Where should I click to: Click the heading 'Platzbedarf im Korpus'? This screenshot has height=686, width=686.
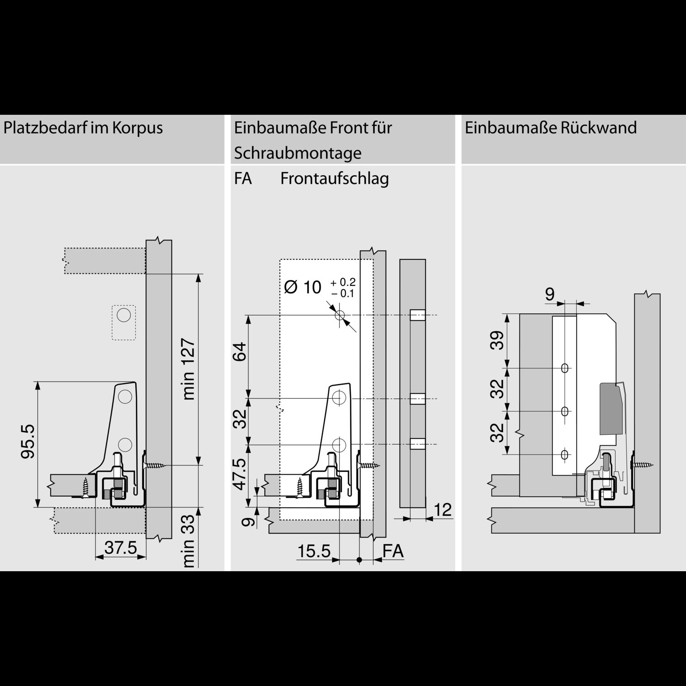tap(83, 128)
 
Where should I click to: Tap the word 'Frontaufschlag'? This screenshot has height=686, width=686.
tap(334, 178)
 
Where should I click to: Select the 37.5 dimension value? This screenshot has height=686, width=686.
tap(121, 547)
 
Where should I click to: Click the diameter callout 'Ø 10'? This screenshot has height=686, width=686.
tap(302, 287)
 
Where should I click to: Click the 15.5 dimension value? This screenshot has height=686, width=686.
tap(314, 551)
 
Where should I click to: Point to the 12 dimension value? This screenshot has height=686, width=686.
tap(442, 509)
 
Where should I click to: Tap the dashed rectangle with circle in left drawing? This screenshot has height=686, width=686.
tap(123, 322)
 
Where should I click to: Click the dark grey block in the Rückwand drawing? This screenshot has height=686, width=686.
tap(611, 408)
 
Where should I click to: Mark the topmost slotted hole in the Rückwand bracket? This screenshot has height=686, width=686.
tap(565, 368)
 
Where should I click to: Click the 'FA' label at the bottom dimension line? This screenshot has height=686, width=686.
tap(393, 551)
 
